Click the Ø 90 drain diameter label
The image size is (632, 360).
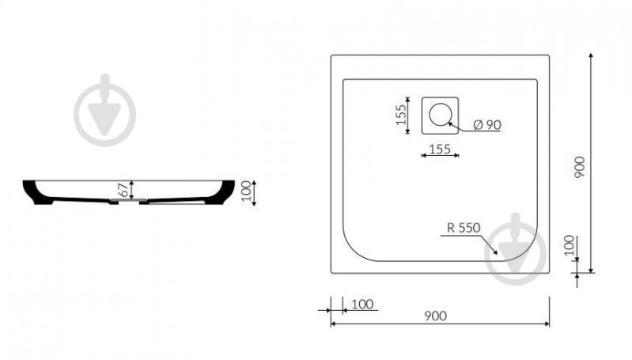tap(487, 125)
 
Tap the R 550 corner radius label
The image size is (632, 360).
tap(464, 228)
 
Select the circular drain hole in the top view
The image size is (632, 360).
tap(440, 114)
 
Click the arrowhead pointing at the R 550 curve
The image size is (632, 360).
tap(494, 251)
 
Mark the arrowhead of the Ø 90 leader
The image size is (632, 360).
tap(451, 124)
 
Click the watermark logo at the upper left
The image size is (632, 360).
tap(104, 110)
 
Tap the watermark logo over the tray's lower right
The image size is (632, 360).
tap(516, 249)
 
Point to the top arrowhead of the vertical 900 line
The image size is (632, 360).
tap(591, 56)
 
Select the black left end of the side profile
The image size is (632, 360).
tap(37, 192)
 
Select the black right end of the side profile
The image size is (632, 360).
tap(221, 192)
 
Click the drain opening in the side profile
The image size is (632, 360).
tap(129, 200)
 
